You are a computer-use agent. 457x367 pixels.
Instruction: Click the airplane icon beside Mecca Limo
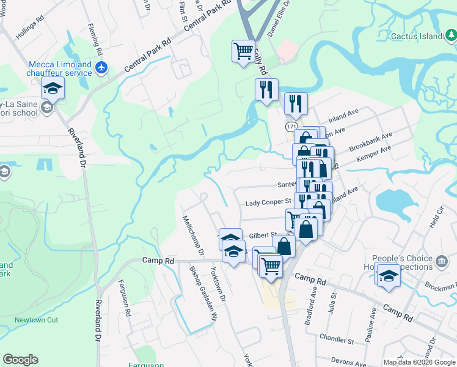tap(101, 67)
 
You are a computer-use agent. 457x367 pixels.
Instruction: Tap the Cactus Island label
tap(417, 37)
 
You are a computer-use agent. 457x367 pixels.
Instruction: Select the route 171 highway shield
tap(291, 126)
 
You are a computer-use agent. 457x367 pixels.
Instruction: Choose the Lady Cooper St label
tap(268, 202)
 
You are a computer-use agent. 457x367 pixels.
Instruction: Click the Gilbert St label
tap(263, 235)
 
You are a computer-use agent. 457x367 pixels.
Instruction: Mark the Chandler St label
tap(337, 338)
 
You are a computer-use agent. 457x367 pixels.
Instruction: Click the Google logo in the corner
tap(20, 360)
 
